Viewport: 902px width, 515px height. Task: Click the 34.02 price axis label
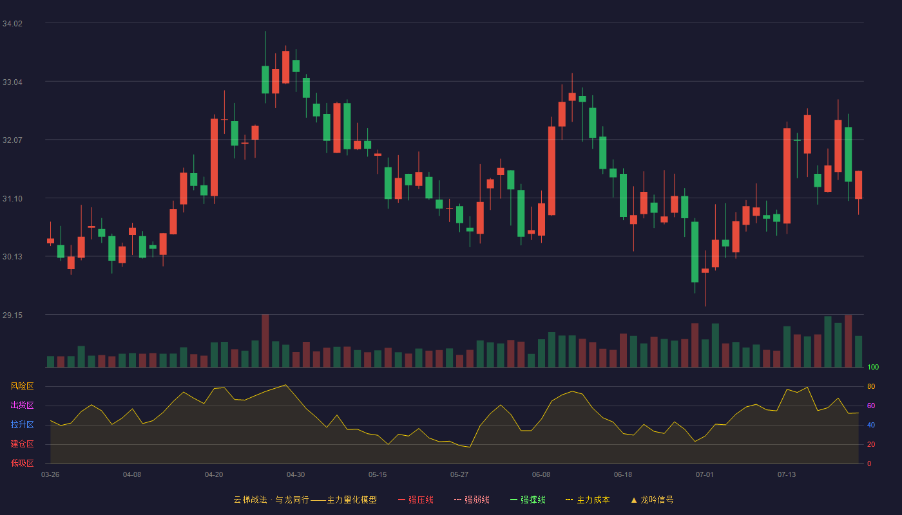[x=12, y=24]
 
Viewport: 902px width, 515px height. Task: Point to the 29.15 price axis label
[x=12, y=315]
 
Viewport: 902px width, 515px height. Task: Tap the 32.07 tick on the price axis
[x=12, y=140]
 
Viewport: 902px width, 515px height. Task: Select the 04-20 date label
[x=214, y=475]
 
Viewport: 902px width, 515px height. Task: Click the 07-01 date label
[x=705, y=475]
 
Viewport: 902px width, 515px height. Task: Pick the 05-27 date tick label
[x=459, y=475]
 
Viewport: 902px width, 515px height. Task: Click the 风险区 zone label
[x=22, y=386]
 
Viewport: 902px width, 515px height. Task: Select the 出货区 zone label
[x=22, y=405]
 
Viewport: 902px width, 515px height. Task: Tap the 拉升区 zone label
[x=22, y=424]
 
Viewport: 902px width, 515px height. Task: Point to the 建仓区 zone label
[x=22, y=444]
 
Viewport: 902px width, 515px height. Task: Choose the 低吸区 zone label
[x=22, y=463]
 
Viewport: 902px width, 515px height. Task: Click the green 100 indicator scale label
[x=873, y=367]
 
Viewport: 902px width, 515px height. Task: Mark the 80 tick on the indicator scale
[x=871, y=386]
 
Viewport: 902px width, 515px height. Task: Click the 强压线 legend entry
[x=416, y=500]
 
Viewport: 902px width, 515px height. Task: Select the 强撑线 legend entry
[x=528, y=500]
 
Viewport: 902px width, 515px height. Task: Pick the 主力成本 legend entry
[x=588, y=500]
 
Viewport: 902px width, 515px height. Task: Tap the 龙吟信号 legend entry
[x=652, y=500]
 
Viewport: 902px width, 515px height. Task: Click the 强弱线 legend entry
[x=472, y=500]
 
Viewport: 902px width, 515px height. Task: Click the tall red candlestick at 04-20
[x=214, y=157]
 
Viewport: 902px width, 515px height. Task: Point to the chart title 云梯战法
[x=251, y=500]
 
